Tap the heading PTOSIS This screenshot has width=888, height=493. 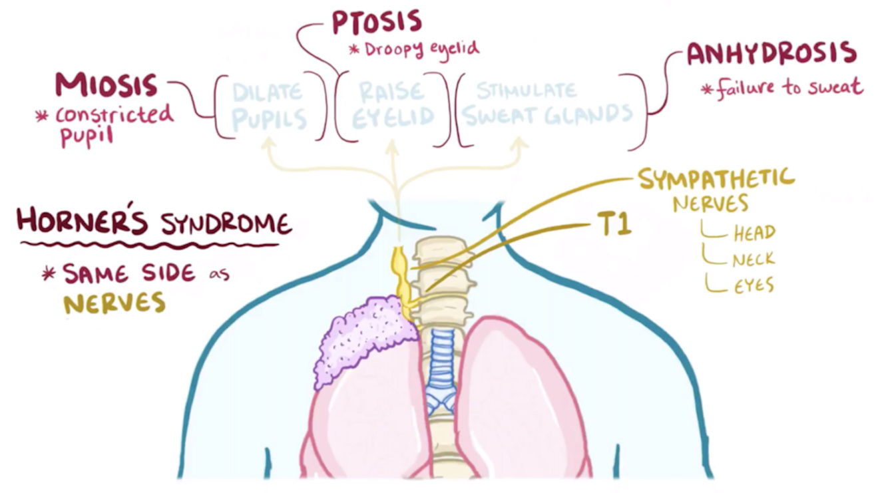tap(377, 22)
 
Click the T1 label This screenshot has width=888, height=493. tap(612, 226)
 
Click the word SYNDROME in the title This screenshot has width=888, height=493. tap(226, 224)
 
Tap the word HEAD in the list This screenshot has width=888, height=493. tap(754, 233)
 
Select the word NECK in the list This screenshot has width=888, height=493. tap(754, 259)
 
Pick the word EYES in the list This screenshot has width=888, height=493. tap(754, 286)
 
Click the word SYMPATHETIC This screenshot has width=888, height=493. tap(716, 178)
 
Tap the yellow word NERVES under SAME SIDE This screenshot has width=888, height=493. tap(114, 303)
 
